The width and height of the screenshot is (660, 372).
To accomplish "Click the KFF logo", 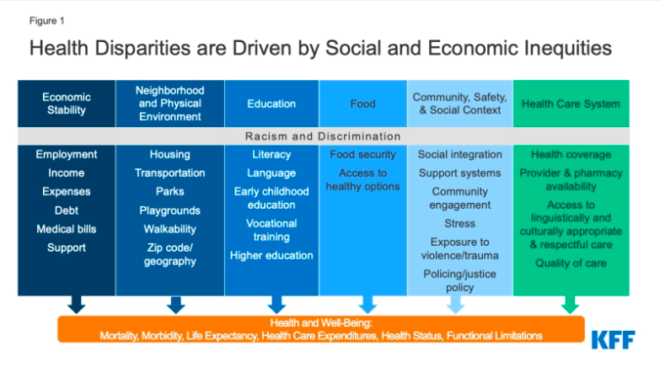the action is pos(614,340).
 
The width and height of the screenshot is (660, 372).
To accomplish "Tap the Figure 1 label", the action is pos(46,20).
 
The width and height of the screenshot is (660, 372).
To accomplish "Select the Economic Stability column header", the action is pos(67,104).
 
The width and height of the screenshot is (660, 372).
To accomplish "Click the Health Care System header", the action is pos(571,104).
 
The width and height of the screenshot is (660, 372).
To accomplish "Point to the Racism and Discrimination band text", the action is pos(323,136).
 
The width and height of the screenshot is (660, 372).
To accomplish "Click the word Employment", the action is pos(67,154).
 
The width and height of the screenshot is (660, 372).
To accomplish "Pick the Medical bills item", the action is pos(67,229).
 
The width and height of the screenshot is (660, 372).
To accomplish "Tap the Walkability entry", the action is pos(170,229).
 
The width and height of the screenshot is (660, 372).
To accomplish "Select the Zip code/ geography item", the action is pos(170,254).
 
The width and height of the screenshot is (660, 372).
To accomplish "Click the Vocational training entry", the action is pos(271,230).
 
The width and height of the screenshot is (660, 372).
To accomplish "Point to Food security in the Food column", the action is pos(362,154).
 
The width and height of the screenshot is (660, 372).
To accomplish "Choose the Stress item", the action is pos(459,224).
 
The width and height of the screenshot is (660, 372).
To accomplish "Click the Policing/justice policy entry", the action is pos(459,280).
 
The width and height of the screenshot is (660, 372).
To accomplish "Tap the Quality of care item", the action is pos(571,263).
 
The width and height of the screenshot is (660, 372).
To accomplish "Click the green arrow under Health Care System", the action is pos(570,305).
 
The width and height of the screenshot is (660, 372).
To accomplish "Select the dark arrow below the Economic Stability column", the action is pos(76,305).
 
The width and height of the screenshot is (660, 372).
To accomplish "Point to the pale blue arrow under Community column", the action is pos(455,305).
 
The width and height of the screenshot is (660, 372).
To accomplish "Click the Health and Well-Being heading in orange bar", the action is pos(321,323).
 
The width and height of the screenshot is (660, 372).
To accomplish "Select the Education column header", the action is pos(271,104).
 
